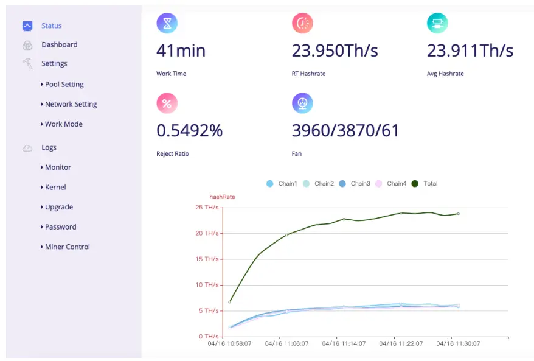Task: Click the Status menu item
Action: [51, 26]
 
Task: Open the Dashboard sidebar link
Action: [59, 44]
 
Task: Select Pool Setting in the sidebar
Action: [64, 85]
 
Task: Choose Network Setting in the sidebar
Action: [71, 104]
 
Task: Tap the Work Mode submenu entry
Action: [63, 124]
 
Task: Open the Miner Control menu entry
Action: [67, 247]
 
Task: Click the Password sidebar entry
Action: [60, 227]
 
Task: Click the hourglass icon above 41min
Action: [167, 23]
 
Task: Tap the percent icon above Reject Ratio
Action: [167, 103]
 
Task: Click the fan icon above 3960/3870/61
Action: [302, 103]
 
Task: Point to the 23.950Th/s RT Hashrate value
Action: [335, 51]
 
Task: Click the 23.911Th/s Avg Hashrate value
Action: [470, 51]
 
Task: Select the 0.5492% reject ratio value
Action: [189, 130]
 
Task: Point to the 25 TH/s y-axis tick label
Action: [206, 208]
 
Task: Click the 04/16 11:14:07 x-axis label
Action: [344, 343]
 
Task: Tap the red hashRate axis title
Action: [222, 197]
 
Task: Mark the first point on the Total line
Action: [229, 301]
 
